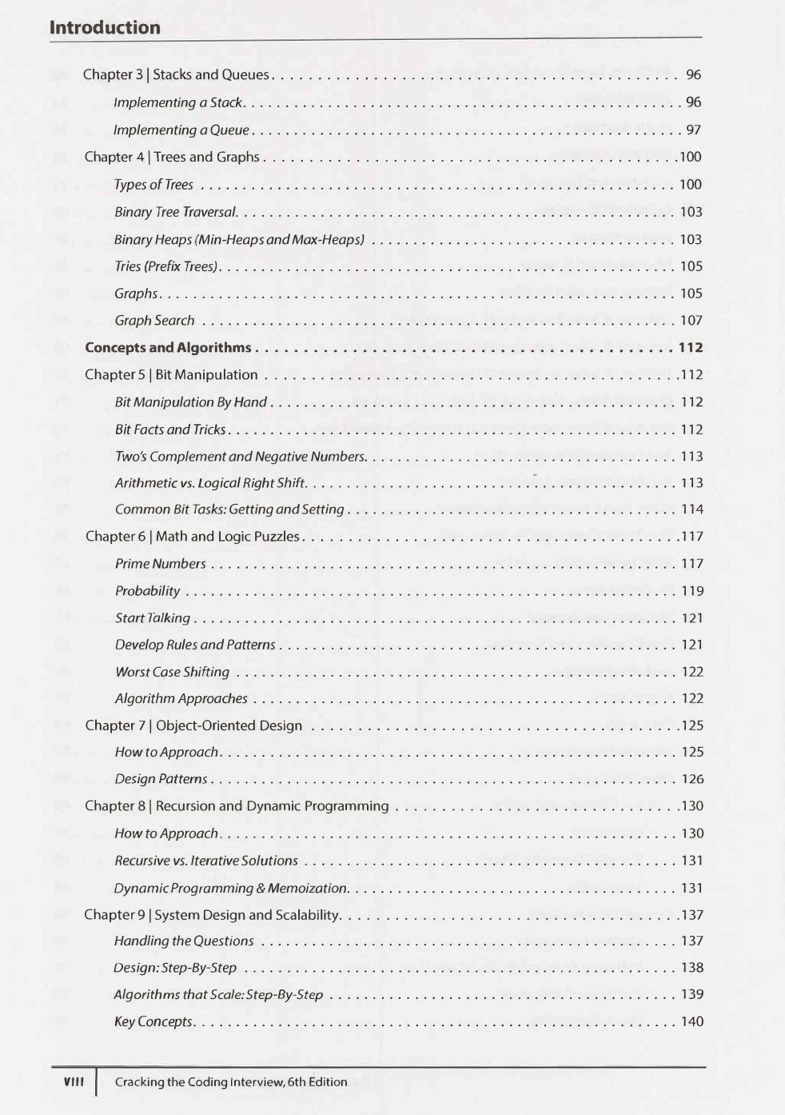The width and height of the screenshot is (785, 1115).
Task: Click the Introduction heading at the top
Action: [x=105, y=27]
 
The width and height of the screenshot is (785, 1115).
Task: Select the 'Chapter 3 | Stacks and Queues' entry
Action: [x=176, y=74]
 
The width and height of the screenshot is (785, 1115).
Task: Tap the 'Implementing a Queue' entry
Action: [x=181, y=130]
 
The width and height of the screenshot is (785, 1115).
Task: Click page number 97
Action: [x=693, y=130]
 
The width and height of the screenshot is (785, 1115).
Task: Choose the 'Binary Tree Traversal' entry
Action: [x=175, y=212]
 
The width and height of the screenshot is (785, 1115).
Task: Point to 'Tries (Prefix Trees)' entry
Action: [x=166, y=266]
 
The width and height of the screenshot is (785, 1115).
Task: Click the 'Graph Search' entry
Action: [x=154, y=321]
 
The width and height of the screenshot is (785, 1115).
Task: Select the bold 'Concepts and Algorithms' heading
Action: [x=168, y=347]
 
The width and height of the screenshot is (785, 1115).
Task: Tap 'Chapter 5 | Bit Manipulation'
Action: [x=171, y=374]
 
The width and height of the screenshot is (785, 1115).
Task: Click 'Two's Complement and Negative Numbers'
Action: [x=240, y=457]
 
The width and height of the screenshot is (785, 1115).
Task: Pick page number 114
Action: [x=691, y=510]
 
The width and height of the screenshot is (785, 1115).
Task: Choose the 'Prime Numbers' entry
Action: [x=160, y=564]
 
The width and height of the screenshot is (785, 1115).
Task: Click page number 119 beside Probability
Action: [x=691, y=591]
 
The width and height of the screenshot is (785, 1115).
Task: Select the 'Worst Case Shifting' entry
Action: [x=172, y=672]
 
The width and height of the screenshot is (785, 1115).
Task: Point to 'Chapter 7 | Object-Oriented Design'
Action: [x=193, y=725]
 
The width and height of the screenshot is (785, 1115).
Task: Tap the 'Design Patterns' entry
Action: [x=161, y=779]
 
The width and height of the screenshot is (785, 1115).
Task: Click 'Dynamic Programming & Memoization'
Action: [x=230, y=888]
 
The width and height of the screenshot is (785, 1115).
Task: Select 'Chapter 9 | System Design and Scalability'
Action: [x=212, y=914]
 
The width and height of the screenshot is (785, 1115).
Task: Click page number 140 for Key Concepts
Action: [x=691, y=1021]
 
